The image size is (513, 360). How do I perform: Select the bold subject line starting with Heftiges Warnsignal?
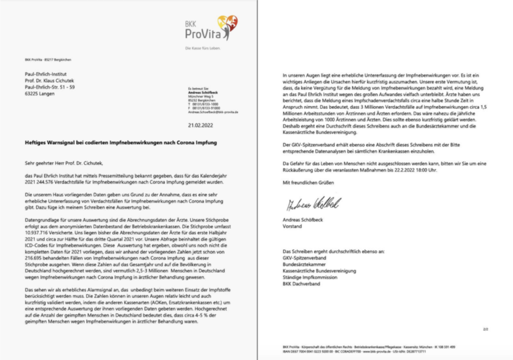click(108, 144)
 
